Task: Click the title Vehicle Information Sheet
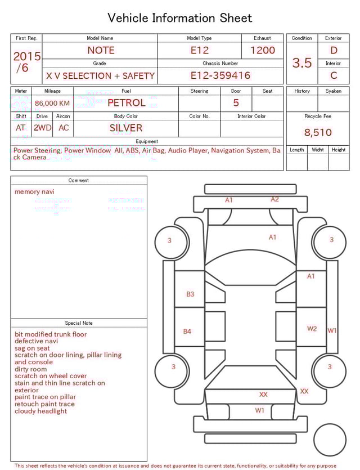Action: pos(180,18)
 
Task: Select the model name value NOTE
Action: pos(101,50)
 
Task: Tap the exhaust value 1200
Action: pos(263,50)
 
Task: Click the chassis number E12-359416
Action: pos(220,75)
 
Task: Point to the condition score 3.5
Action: pos(302,62)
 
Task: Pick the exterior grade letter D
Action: pos(334,50)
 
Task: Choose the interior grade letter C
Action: pos(334,75)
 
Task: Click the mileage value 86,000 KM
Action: pos(52,103)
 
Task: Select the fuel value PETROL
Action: pos(127,102)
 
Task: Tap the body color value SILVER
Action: pos(126,128)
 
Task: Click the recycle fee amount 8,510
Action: pos(318,133)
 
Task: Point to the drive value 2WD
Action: pos(42,128)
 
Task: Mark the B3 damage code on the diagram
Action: pos(190,294)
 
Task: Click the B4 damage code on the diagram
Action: pos(187,332)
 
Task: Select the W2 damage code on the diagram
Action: pos(312,329)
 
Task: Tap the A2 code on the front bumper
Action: pos(274,199)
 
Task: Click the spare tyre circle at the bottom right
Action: pos(330,440)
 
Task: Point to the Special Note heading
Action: pos(79,323)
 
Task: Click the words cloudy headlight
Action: pos(40,411)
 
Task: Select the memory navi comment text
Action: pos(34,191)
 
